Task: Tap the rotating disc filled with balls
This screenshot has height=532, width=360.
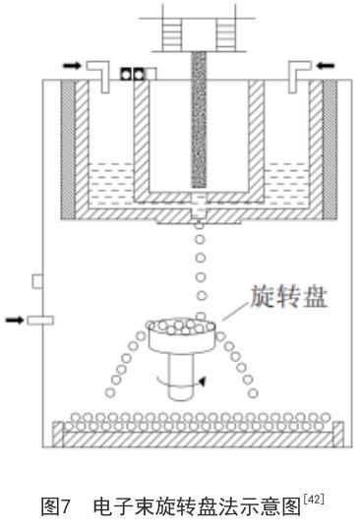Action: [x=179, y=334]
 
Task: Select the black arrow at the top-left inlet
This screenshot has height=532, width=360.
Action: [x=72, y=63]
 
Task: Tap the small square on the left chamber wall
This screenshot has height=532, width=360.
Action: [x=37, y=282]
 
